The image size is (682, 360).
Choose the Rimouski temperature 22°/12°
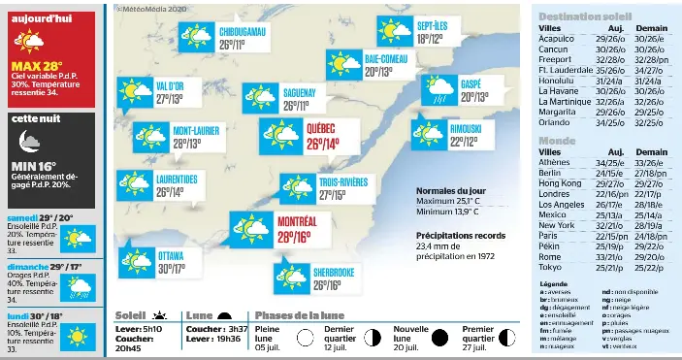pyautogui.click(x=463, y=142)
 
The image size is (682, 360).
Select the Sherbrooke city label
pyautogui.click(x=334, y=271)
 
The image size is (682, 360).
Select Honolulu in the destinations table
pyautogui.click(x=558, y=81)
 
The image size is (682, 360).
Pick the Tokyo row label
pyautogui.click(x=550, y=268)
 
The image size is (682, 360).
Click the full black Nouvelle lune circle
pyautogui.click(x=439, y=339)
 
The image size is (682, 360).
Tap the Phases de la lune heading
pyautogui.click(x=301, y=315)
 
